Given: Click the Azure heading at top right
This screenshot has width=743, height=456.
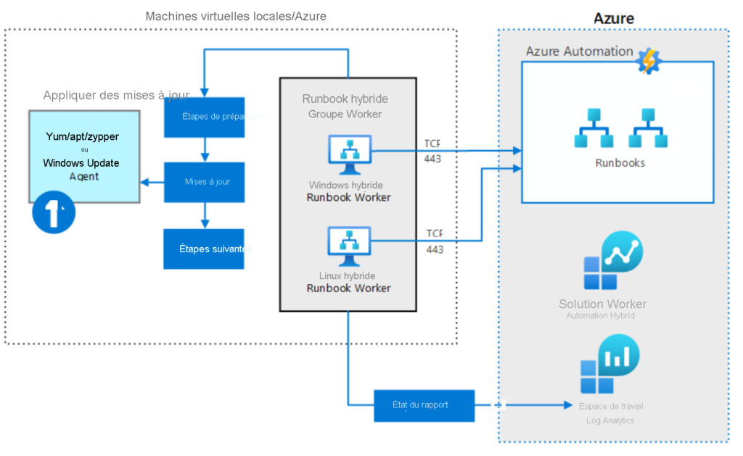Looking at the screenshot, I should point(613,18).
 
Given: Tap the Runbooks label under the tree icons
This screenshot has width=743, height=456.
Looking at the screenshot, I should point(620,163).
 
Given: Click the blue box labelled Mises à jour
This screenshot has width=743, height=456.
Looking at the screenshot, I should point(204,181).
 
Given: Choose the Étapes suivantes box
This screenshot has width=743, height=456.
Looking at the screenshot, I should point(204,249).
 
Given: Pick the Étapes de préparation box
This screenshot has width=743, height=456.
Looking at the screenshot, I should point(204,117).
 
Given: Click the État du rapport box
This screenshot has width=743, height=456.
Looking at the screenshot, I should point(424,405).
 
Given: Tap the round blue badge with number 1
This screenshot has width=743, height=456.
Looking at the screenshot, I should point(54,212).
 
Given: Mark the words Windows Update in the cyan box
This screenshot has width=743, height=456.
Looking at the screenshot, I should point(81,163).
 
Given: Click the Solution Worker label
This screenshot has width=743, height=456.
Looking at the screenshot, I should point(602,304).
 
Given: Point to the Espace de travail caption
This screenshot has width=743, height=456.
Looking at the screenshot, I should point(611,406).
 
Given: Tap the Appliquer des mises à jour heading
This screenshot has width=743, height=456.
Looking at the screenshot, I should point(116,95).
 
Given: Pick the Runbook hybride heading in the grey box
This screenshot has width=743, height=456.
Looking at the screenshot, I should point(345,99).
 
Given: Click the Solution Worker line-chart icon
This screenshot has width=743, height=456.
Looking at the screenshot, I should point(613,261).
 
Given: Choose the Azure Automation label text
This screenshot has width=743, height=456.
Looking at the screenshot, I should point(579,51).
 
